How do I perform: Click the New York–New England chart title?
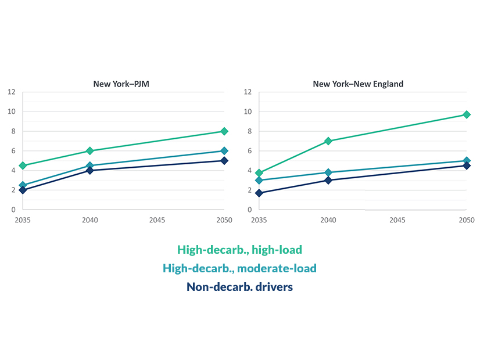tap(358, 84)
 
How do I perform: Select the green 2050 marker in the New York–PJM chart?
tap(224, 131)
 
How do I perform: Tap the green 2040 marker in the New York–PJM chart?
tap(89, 151)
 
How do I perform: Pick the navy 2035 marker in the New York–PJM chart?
tap(23, 190)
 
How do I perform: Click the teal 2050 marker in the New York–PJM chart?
tap(224, 151)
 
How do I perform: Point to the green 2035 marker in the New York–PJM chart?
tap(23, 165)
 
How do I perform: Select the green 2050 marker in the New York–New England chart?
tap(466, 114)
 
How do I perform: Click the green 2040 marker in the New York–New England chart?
tap(328, 141)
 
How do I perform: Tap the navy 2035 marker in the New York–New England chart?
tap(259, 193)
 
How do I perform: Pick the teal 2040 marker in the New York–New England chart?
tap(328, 172)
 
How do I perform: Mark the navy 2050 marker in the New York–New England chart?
tap(466, 165)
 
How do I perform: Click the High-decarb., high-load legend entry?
tap(239, 250)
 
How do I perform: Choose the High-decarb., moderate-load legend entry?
tap(239, 268)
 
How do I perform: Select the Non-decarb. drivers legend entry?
tap(239, 286)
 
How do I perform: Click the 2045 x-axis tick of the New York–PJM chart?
tap(157, 220)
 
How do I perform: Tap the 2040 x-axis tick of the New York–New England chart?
tap(328, 220)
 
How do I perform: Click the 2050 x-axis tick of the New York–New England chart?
tap(466, 220)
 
